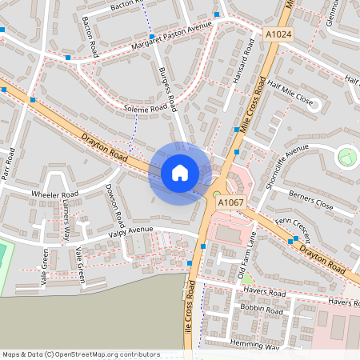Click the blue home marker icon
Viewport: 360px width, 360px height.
pos(180,173)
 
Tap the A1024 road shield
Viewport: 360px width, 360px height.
pos(278,34)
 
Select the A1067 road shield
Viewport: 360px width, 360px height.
pos(231,202)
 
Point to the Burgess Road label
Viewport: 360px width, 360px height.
pos(168,90)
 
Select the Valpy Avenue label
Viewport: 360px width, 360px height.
pos(130,232)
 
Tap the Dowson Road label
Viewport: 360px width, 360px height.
pos(114,204)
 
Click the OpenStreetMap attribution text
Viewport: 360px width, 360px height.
pos(81,354)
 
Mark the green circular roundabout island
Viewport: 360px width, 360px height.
pos(348,156)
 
